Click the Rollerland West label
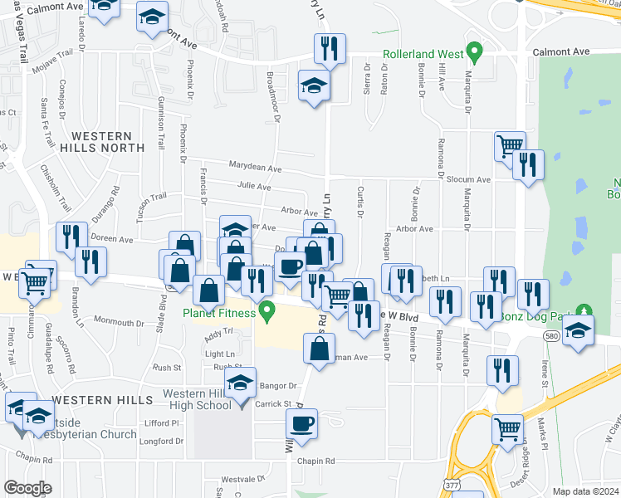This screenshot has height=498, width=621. pyautogui.click(x=422, y=54)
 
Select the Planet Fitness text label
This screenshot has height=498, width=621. pyautogui.click(x=219, y=313)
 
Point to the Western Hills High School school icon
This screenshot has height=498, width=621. pyautogui.click(x=241, y=384)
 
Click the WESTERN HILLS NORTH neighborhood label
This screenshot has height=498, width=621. pyautogui.click(x=102, y=141)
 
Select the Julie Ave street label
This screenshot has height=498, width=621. pyautogui.click(x=254, y=187)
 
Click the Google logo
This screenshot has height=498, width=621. pyautogui.click(x=27, y=488)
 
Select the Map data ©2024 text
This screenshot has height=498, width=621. pyautogui.click(x=585, y=491)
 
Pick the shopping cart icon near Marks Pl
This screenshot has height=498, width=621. pyautogui.click(x=508, y=428)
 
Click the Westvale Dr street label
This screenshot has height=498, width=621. pyautogui.click(x=242, y=480)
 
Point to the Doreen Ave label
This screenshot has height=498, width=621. pyautogui.click(x=113, y=239)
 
